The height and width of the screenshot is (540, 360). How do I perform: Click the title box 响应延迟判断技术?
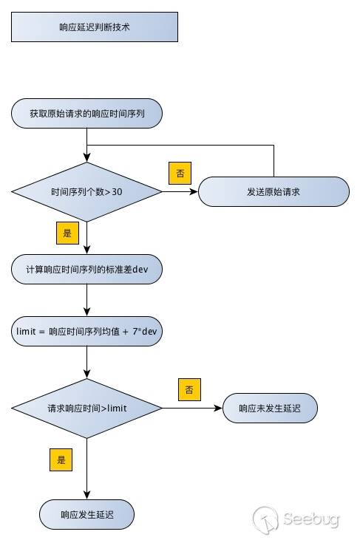click(95, 27)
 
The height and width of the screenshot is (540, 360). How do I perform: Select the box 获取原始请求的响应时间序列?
click(86, 114)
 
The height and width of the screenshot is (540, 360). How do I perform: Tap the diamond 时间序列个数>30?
click(86, 191)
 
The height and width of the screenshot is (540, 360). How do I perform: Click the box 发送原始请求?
click(274, 191)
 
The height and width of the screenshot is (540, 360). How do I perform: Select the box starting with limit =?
click(86, 331)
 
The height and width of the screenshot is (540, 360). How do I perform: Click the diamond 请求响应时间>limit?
click(86, 408)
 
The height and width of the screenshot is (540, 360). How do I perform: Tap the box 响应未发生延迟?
click(270, 408)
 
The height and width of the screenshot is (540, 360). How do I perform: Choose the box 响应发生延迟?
click(86, 512)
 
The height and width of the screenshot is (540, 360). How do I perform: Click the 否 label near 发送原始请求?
click(180, 173)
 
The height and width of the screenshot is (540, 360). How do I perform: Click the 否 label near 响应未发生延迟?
click(189, 389)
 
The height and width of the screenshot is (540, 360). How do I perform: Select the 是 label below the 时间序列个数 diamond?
click(67, 233)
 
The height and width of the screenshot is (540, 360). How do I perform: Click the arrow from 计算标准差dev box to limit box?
click(86, 299)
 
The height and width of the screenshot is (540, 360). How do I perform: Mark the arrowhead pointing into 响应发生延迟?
click(86, 495)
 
